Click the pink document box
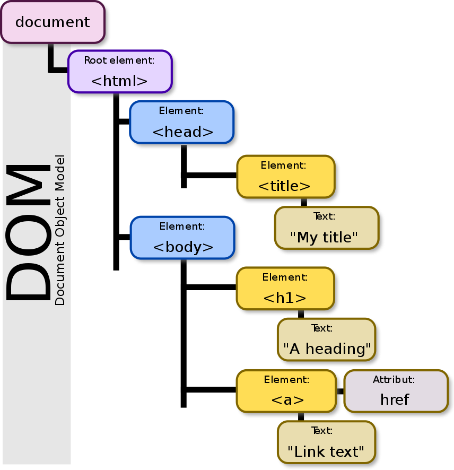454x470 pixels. (x=53, y=22)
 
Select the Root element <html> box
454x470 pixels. (x=120, y=72)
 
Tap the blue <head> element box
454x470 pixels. (x=182, y=122)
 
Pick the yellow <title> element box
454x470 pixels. (x=285, y=177)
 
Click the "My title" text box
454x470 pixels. (x=326, y=228)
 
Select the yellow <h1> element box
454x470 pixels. (x=285, y=288)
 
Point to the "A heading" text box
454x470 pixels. (x=326, y=340)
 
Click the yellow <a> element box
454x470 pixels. (x=286, y=391)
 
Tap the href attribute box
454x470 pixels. (x=396, y=391)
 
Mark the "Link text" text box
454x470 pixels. (x=326, y=442)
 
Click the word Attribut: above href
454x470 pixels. (x=394, y=380)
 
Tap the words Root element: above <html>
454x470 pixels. (x=119, y=60)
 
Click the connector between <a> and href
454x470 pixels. (x=339, y=391)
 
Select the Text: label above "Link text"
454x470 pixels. (x=322, y=431)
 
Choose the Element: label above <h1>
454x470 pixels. (x=285, y=277)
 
